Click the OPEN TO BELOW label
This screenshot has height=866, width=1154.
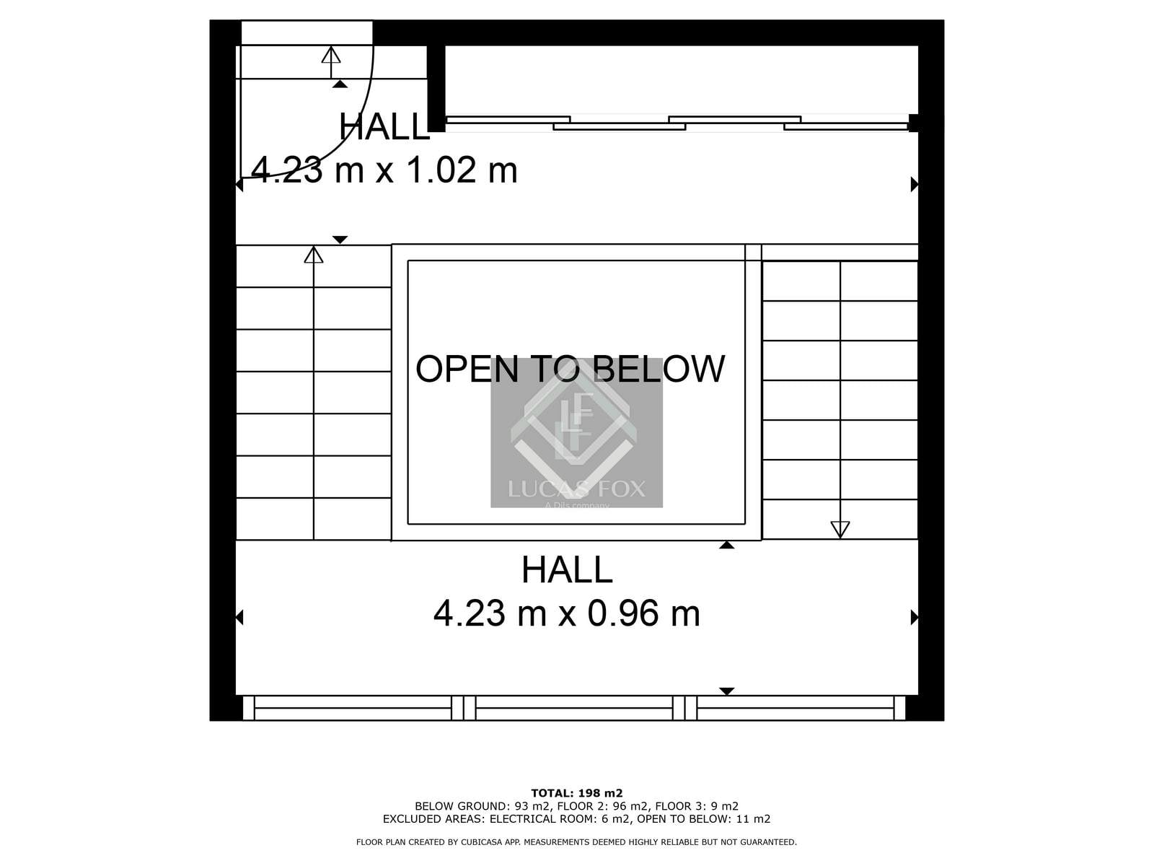click(570, 369)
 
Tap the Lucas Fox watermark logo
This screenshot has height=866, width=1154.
click(577, 432)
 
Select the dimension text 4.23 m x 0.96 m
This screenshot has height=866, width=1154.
click(567, 613)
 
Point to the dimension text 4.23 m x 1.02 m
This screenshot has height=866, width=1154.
click(384, 170)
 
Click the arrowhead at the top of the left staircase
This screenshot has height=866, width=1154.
click(314, 255)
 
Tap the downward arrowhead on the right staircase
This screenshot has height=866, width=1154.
click(840, 530)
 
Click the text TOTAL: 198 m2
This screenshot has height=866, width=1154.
click(577, 793)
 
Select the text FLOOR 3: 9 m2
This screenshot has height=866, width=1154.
click(697, 806)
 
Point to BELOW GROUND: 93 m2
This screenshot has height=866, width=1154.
click(483, 806)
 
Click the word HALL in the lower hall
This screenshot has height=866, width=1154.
click(567, 569)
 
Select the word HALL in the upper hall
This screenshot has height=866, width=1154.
click(384, 127)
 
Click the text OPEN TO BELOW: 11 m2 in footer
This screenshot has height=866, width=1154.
click(703, 818)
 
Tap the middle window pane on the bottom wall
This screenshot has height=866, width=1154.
click(574, 708)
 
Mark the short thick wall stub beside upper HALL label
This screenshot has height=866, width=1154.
click(436, 88)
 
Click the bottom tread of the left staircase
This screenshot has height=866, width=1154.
click(313, 519)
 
